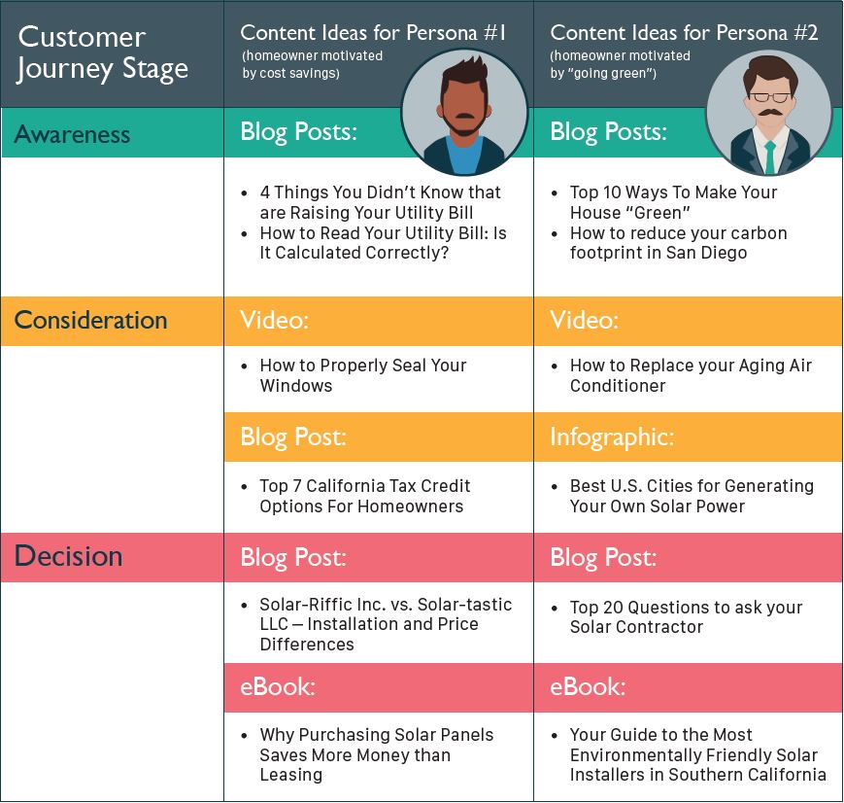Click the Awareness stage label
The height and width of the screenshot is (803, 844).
(72, 134)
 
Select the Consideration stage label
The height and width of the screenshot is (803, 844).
(91, 320)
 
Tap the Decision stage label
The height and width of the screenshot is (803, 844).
(68, 556)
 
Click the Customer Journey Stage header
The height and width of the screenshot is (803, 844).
(103, 52)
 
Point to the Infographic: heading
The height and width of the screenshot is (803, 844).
(612, 437)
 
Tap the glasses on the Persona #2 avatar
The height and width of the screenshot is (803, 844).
(770, 97)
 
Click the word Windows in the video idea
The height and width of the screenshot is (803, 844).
(296, 386)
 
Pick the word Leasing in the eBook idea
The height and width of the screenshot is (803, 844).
(291, 775)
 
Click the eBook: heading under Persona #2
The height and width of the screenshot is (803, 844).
(588, 687)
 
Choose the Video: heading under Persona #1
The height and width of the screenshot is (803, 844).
(275, 320)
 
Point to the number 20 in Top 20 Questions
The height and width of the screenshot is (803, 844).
(613, 608)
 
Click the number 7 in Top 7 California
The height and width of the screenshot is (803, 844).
(297, 486)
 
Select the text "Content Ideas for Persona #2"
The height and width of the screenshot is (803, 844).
(684, 33)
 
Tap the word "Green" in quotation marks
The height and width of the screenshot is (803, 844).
(657, 212)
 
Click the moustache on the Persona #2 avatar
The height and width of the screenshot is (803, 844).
(770, 113)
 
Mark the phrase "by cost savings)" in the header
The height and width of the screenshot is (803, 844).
(290, 73)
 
